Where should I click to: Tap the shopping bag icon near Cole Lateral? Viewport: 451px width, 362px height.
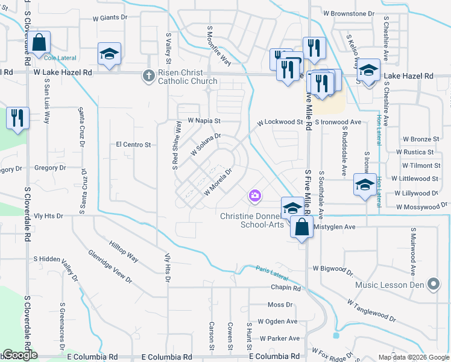click(x=40, y=43)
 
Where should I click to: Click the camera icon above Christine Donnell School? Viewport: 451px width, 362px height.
click(x=254, y=195)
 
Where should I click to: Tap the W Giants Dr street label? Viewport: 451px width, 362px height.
click(x=110, y=18)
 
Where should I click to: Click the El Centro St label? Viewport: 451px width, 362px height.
click(x=133, y=145)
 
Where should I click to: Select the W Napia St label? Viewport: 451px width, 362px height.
click(x=204, y=121)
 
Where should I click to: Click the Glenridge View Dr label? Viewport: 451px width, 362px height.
click(x=110, y=266)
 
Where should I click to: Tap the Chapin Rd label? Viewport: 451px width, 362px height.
click(x=286, y=288)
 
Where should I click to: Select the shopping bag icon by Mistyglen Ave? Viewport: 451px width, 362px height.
click(x=302, y=228)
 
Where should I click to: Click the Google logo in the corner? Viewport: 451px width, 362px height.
click(x=19, y=355)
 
